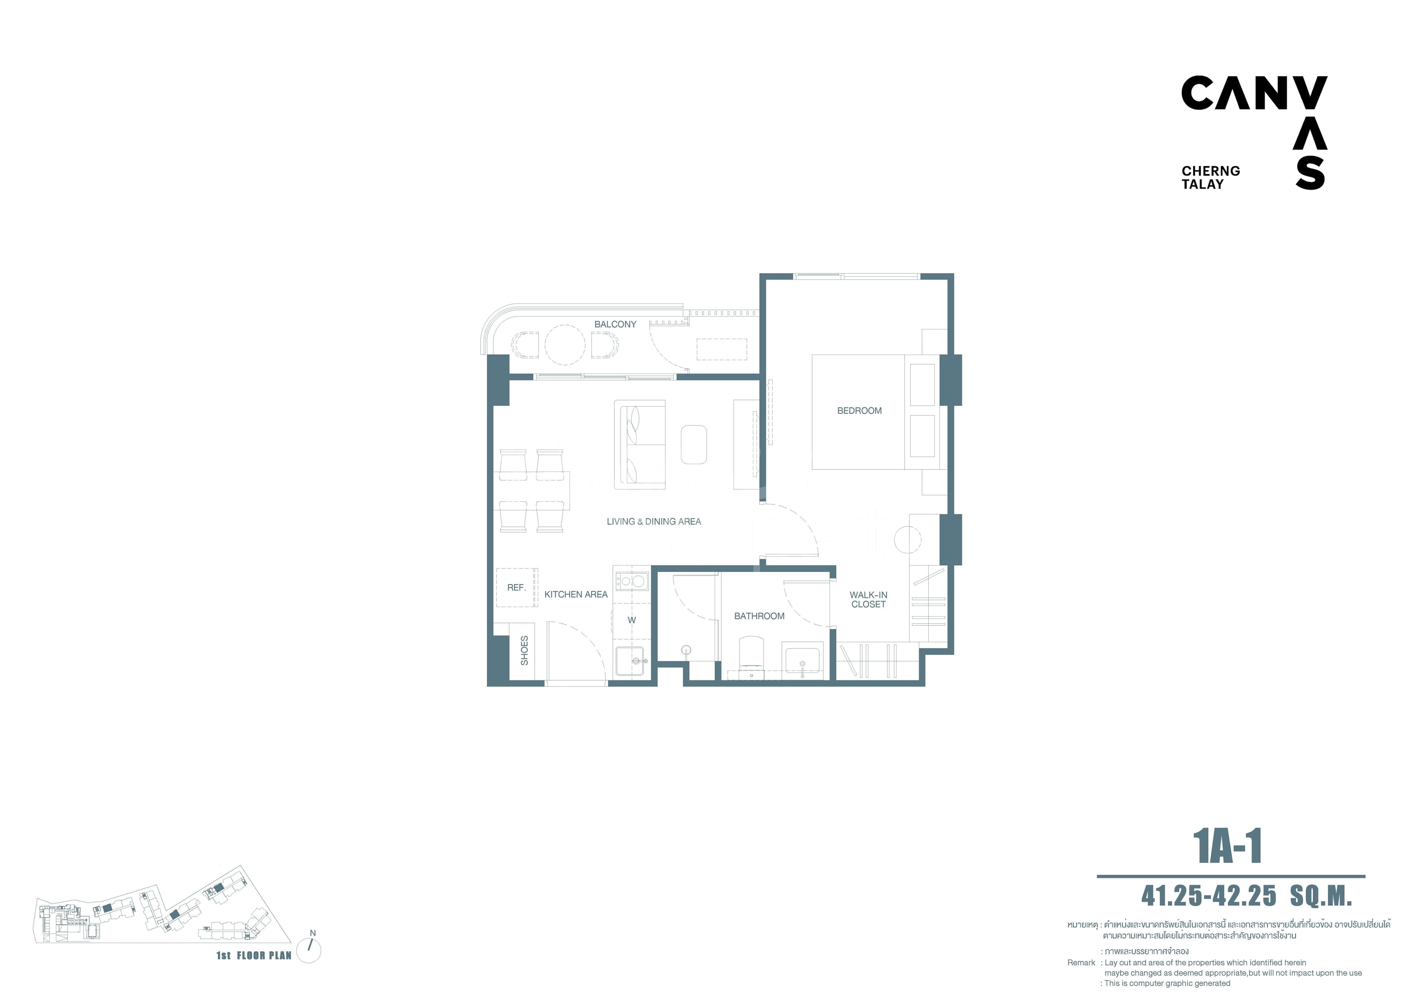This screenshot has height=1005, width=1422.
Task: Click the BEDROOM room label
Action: click(x=859, y=411)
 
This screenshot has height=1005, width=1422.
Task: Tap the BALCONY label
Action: click(x=615, y=324)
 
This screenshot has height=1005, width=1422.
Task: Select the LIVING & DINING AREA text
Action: click(x=653, y=522)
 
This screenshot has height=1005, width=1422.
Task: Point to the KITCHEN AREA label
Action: click(x=575, y=594)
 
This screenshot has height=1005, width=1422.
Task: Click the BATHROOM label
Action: click(x=759, y=616)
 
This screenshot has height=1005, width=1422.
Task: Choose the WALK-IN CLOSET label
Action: click(x=868, y=599)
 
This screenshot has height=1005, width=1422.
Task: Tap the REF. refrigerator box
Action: click(x=516, y=587)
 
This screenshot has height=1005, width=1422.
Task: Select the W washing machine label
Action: click(x=631, y=620)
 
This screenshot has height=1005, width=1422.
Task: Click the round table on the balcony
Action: click(x=564, y=345)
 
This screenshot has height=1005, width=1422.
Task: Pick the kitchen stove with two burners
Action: click(x=631, y=581)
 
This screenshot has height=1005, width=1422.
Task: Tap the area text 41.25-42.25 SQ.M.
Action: click(x=1246, y=896)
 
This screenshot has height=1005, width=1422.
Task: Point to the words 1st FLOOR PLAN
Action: click(x=253, y=955)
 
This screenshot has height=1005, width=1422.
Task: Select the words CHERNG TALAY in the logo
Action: click(x=1210, y=177)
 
